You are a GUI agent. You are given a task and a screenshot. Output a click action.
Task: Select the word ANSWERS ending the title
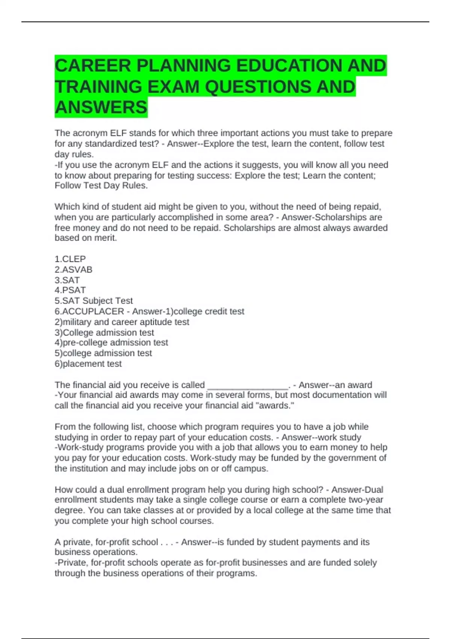click(x=101, y=108)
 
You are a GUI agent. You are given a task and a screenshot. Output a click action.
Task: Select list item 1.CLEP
click(x=70, y=259)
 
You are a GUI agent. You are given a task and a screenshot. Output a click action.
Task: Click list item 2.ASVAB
click(x=74, y=270)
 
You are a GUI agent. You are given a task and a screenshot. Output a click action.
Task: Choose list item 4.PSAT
click(x=70, y=290)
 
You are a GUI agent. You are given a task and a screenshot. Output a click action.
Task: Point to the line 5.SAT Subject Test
click(x=94, y=301)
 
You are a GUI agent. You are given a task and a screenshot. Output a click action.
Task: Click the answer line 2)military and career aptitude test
click(x=122, y=322)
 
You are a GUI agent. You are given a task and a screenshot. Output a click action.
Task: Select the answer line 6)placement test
click(x=88, y=363)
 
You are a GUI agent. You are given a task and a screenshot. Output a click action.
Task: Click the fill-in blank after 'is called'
click(x=248, y=385)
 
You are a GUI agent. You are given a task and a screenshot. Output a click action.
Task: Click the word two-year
click(x=366, y=500)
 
